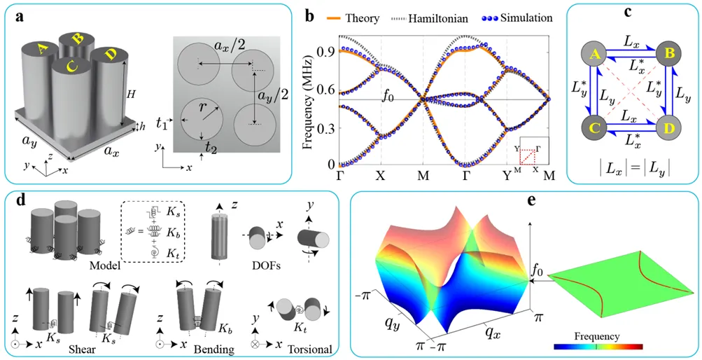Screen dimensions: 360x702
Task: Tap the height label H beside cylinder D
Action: coord(129,92)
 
